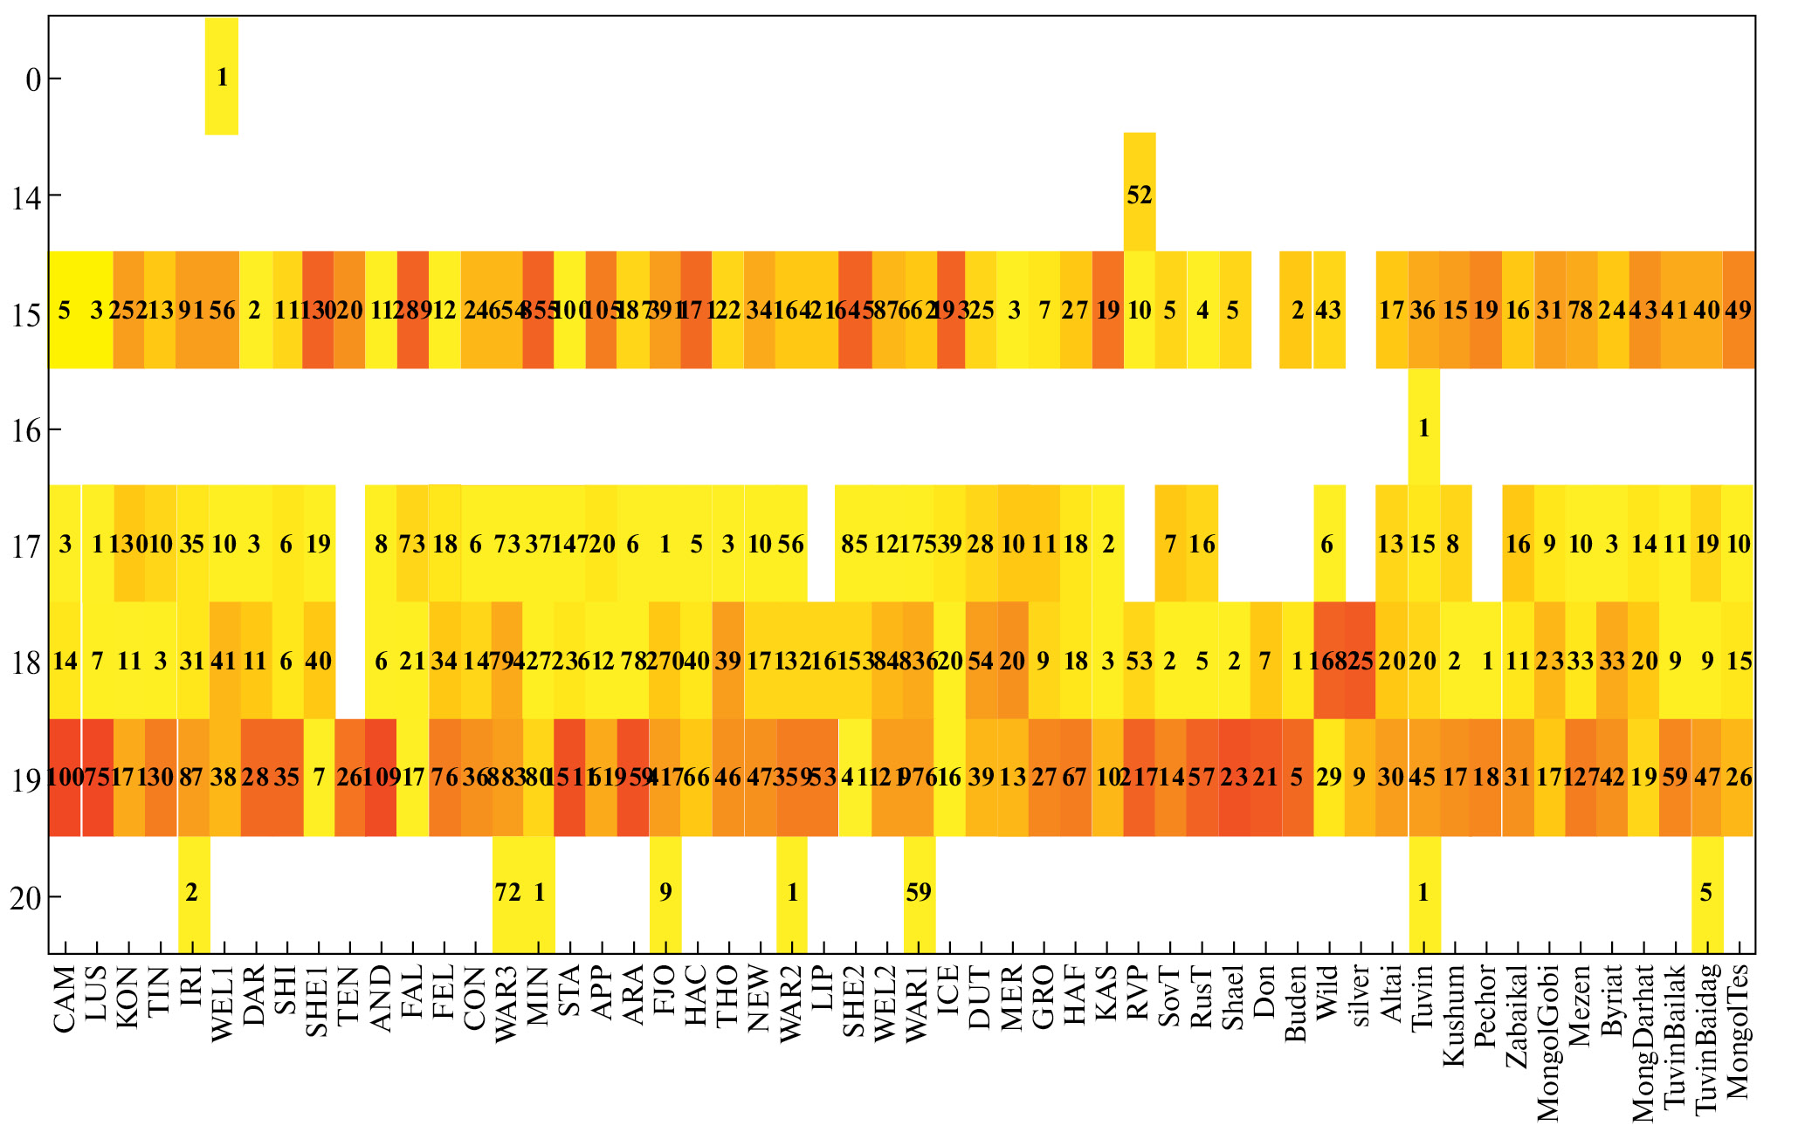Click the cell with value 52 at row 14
click(1140, 194)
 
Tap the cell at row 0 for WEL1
click(222, 77)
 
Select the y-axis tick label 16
click(26, 429)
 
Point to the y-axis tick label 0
click(33, 79)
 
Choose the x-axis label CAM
click(65, 999)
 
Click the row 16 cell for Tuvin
click(1424, 428)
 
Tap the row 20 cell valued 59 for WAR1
click(919, 893)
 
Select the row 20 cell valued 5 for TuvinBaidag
click(1706, 893)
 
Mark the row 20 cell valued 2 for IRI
click(193, 893)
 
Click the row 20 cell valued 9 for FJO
click(665, 893)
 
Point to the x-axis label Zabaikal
click(1518, 1017)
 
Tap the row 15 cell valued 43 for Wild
click(1329, 310)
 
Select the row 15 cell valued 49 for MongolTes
click(1738, 310)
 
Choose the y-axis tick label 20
click(26, 897)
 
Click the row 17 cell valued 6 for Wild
click(1328, 544)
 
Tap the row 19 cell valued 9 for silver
click(1360, 777)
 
